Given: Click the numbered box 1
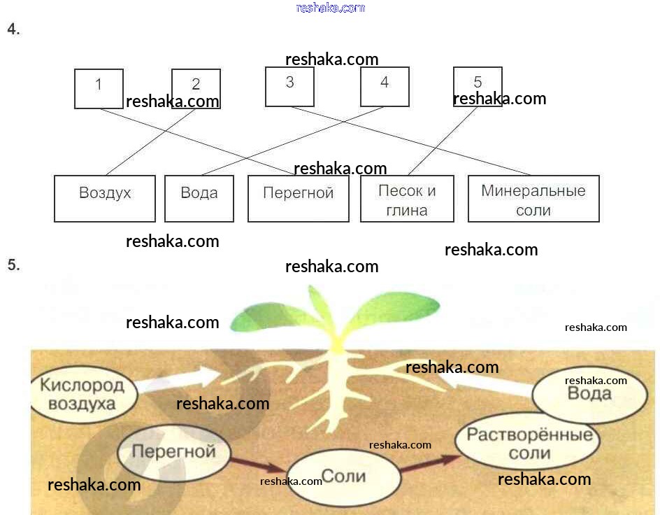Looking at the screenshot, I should pos(99,88).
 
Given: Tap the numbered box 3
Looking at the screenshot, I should pos(289,86).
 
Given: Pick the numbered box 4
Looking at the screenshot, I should pos(385,86).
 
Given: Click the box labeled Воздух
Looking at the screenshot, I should pos(105,198).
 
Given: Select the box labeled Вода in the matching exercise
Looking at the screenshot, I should pos(199,198).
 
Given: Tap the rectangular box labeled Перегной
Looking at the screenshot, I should pos(298,198).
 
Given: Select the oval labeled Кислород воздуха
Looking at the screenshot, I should pos(82,393).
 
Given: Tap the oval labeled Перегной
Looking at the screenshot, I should pos(173,452).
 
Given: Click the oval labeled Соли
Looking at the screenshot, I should pos(345,477).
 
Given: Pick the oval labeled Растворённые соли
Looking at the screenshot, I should pos(529,444).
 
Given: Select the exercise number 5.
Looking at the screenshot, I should pos(13,265).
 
